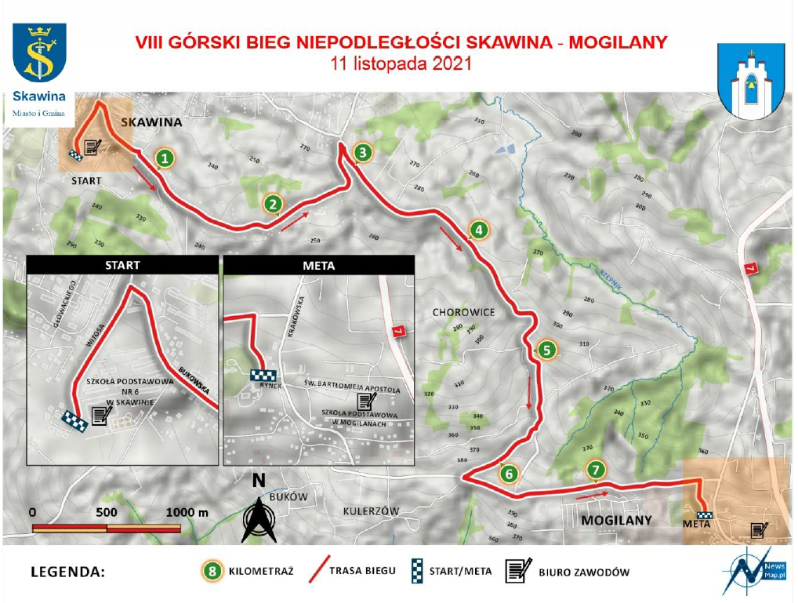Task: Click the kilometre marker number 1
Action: [x=164, y=158]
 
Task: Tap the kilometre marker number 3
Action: [x=361, y=152]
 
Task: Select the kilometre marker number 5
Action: [x=546, y=350]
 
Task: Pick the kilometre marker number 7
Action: [x=597, y=470]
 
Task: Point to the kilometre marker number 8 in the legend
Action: [x=210, y=571]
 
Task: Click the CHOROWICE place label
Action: [x=463, y=312]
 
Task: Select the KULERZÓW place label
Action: [x=371, y=511]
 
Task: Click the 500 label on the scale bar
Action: [x=107, y=512]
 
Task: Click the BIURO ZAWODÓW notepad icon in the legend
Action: [x=517, y=571]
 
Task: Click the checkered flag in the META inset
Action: [x=266, y=375]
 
